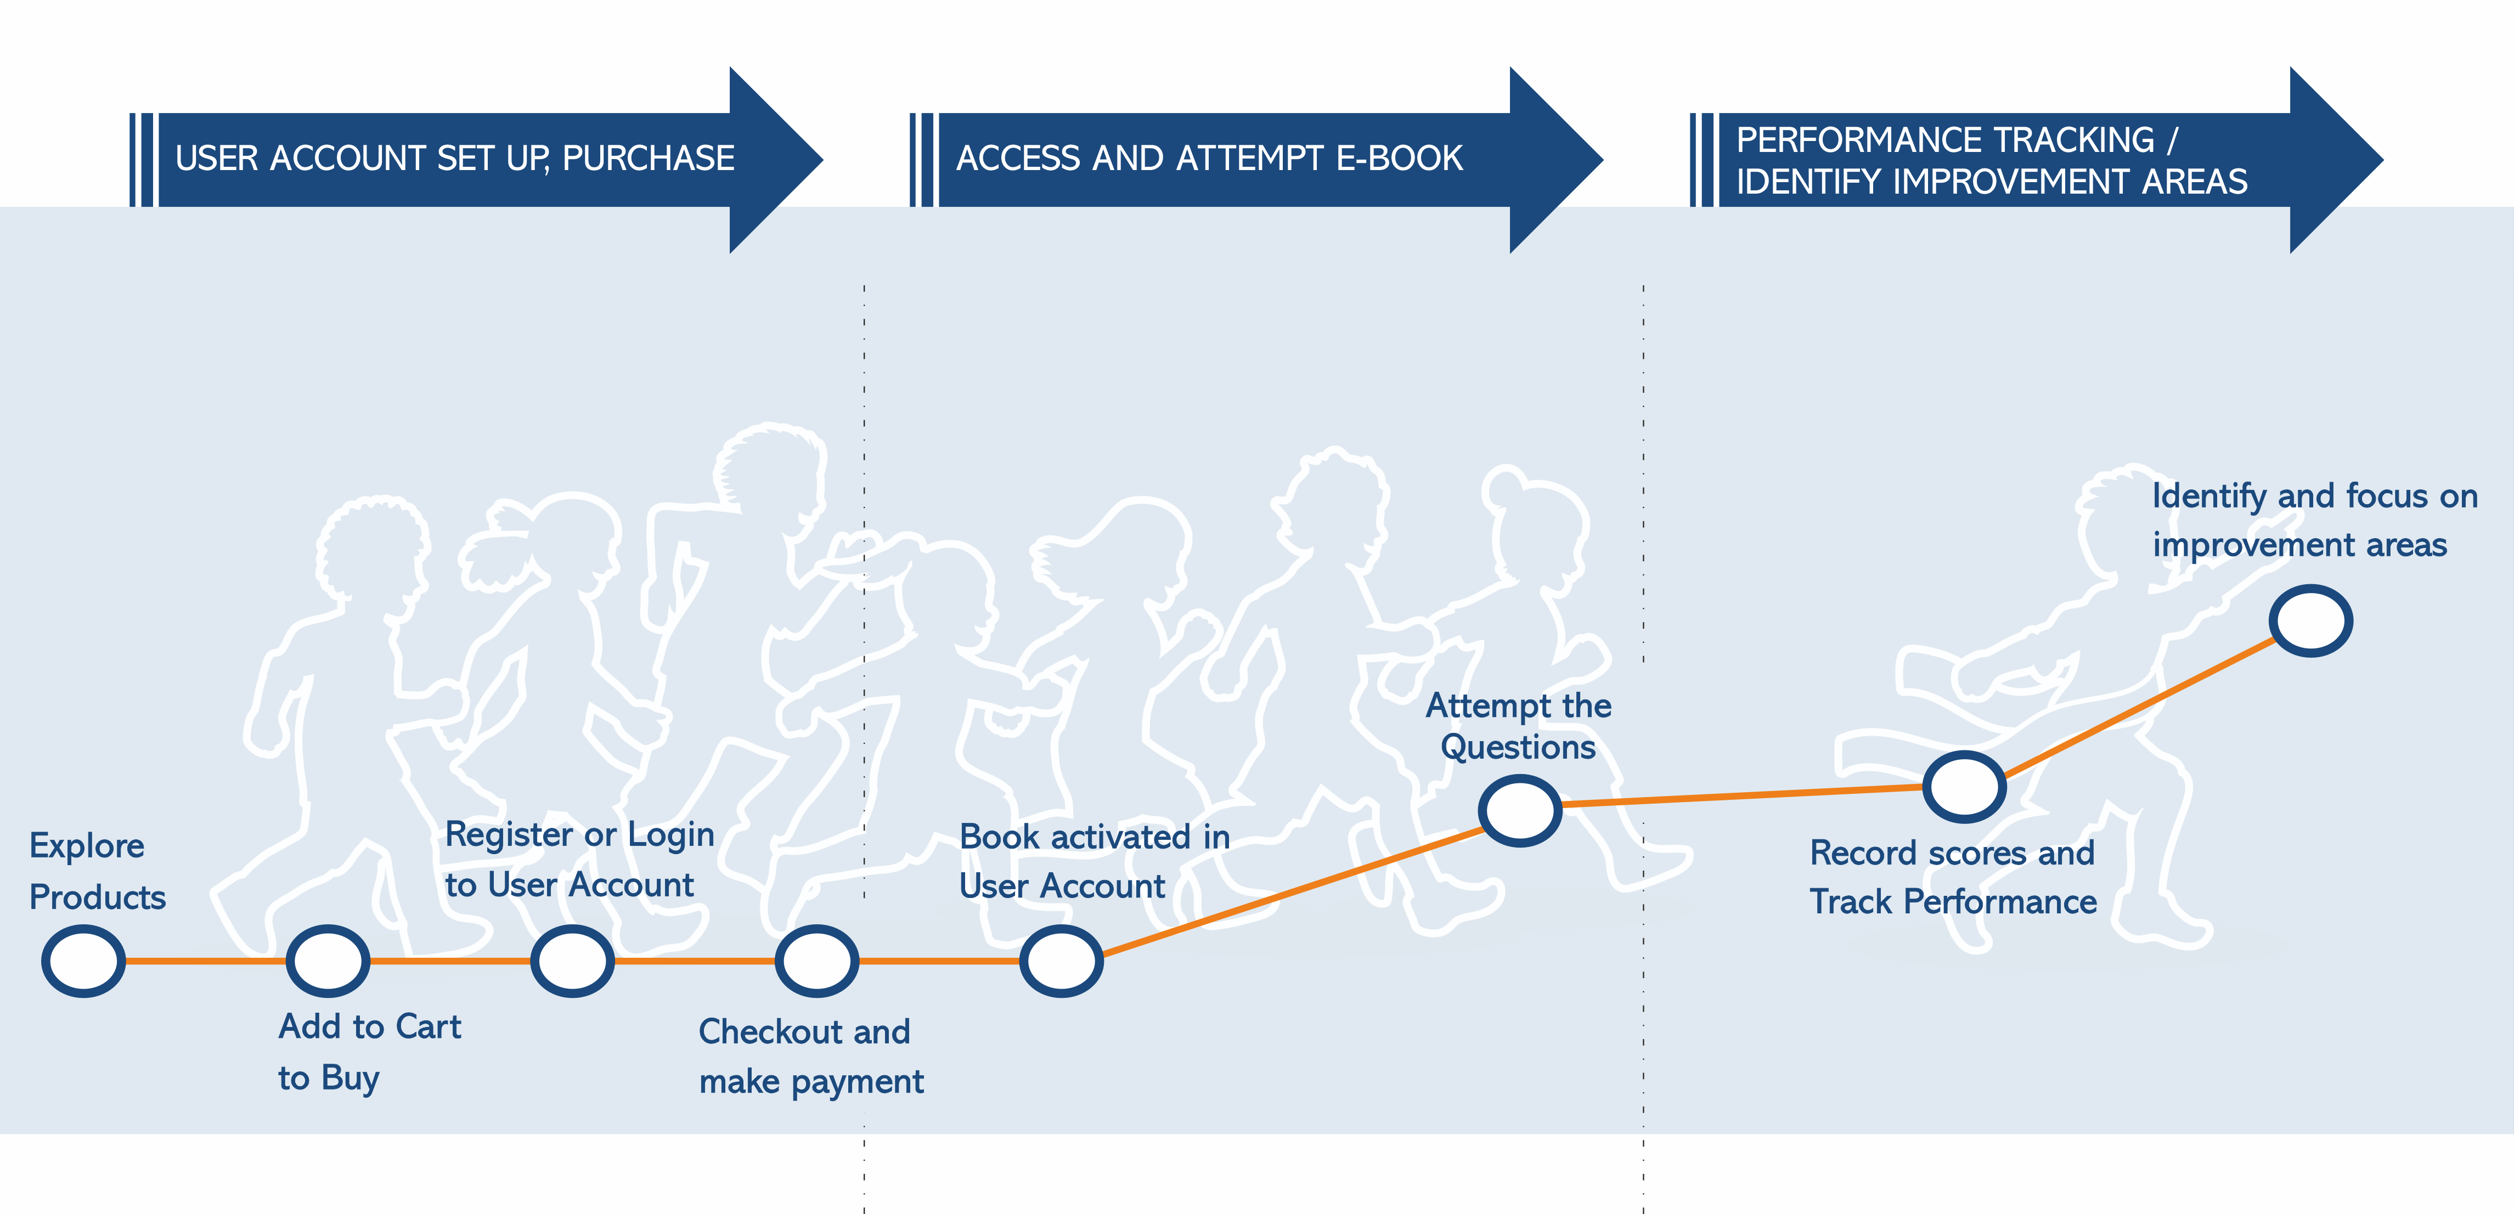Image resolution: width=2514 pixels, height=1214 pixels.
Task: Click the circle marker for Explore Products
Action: coord(84,961)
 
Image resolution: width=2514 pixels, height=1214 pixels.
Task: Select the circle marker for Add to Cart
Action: coord(328,961)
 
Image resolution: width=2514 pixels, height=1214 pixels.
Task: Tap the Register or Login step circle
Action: coord(572,961)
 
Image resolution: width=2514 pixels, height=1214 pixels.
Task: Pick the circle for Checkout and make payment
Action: coord(817,961)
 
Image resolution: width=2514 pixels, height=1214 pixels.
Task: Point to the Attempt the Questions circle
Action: coord(1519,810)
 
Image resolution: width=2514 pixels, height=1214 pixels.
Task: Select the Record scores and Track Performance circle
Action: coord(1964,787)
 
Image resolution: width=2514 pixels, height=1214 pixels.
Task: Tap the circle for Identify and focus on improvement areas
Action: coord(2310,620)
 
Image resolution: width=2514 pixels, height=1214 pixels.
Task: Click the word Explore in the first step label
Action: coord(87,846)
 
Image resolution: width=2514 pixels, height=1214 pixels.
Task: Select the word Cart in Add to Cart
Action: coord(429,1026)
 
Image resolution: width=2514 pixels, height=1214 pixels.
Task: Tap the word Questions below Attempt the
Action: coord(1518,748)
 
